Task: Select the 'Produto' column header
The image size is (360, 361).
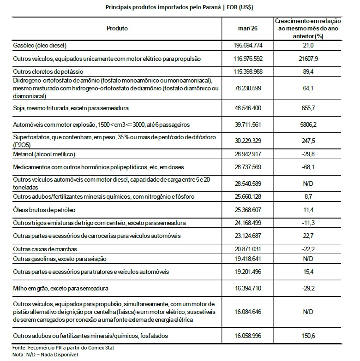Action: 117,29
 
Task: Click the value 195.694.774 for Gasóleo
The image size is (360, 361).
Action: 249,45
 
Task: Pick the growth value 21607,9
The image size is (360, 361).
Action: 307,59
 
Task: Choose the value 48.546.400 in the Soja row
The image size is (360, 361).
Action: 249,108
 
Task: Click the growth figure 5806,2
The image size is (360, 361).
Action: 307,125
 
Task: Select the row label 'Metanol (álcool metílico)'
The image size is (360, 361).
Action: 44,154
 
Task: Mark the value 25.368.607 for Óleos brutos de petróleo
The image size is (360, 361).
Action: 249,210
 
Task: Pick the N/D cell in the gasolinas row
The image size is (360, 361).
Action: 307,259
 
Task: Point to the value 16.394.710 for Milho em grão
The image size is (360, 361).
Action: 249,289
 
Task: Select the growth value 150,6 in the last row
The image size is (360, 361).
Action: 307,336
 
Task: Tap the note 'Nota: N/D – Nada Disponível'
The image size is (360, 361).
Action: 46,355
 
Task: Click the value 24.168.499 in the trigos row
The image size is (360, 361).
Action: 249,223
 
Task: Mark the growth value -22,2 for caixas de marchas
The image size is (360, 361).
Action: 307,249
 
